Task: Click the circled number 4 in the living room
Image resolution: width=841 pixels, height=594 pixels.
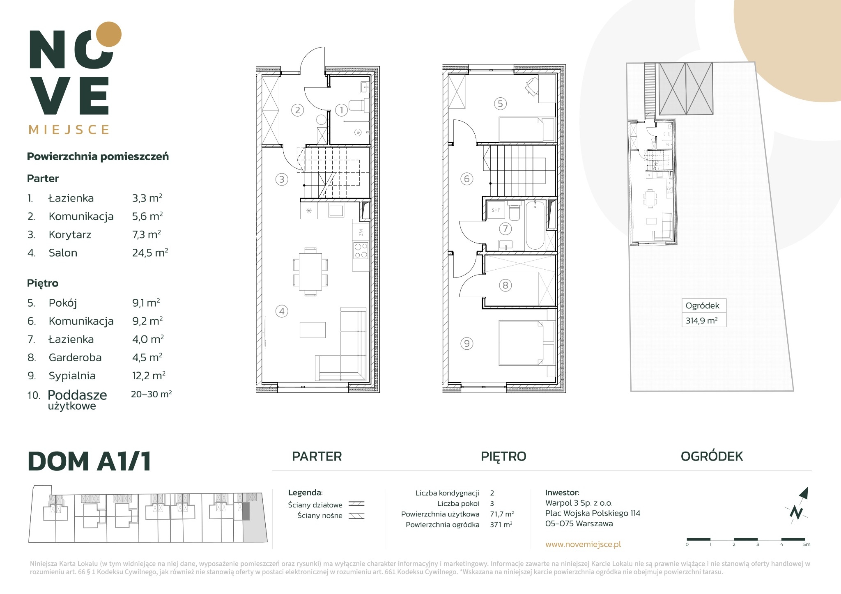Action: [282, 311]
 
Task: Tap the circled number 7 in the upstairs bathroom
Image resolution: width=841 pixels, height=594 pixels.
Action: [505, 229]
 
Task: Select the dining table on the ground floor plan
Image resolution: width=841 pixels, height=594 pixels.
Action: [310, 271]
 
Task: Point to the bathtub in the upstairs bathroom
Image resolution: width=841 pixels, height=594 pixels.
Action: [535, 225]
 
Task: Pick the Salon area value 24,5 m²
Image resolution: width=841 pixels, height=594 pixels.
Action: [150, 252]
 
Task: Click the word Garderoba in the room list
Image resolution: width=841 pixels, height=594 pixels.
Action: [75, 358]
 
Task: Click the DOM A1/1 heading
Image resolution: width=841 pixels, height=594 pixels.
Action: [89, 461]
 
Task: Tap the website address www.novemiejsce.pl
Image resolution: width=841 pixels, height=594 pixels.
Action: [583, 544]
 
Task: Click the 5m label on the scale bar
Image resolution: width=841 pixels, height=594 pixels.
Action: [807, 544]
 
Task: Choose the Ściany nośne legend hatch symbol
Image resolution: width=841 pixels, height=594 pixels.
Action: [356, 516]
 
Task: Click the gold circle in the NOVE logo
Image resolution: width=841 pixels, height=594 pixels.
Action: [108, 34]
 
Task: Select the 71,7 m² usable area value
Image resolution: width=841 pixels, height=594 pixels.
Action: [502, 514]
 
